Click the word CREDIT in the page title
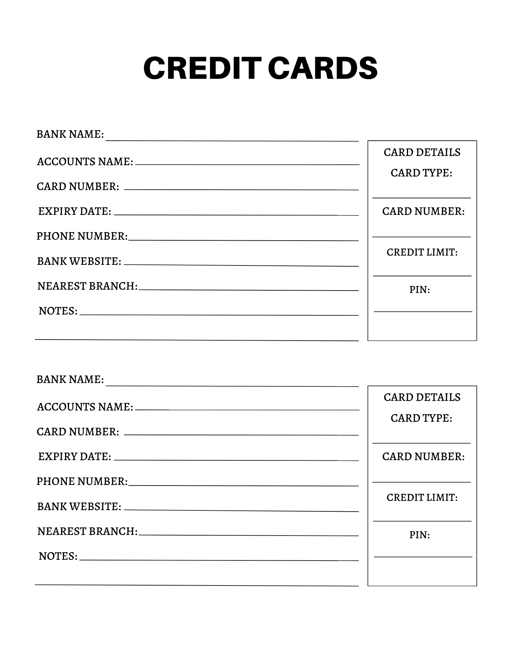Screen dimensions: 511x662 200,69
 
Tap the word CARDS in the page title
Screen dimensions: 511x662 322,69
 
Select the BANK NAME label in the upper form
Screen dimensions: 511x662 70,134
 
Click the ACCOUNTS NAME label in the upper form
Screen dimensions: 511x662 85,162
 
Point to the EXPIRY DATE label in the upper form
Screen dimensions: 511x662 75,212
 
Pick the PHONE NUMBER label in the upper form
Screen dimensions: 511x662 82,236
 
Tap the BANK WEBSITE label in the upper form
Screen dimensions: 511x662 79,261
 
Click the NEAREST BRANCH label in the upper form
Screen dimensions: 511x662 87,286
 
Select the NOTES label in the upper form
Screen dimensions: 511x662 58,311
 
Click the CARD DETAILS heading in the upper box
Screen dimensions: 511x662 422,153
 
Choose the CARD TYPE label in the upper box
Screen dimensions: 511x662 421,173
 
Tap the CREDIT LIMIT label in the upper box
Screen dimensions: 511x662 422,253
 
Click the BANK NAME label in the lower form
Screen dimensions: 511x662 70,380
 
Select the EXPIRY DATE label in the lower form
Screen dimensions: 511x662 75,457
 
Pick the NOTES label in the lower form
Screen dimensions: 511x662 58,556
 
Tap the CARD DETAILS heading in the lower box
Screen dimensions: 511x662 422,398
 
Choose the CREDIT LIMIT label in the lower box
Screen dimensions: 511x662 422,498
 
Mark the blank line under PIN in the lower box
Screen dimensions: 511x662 423,557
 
